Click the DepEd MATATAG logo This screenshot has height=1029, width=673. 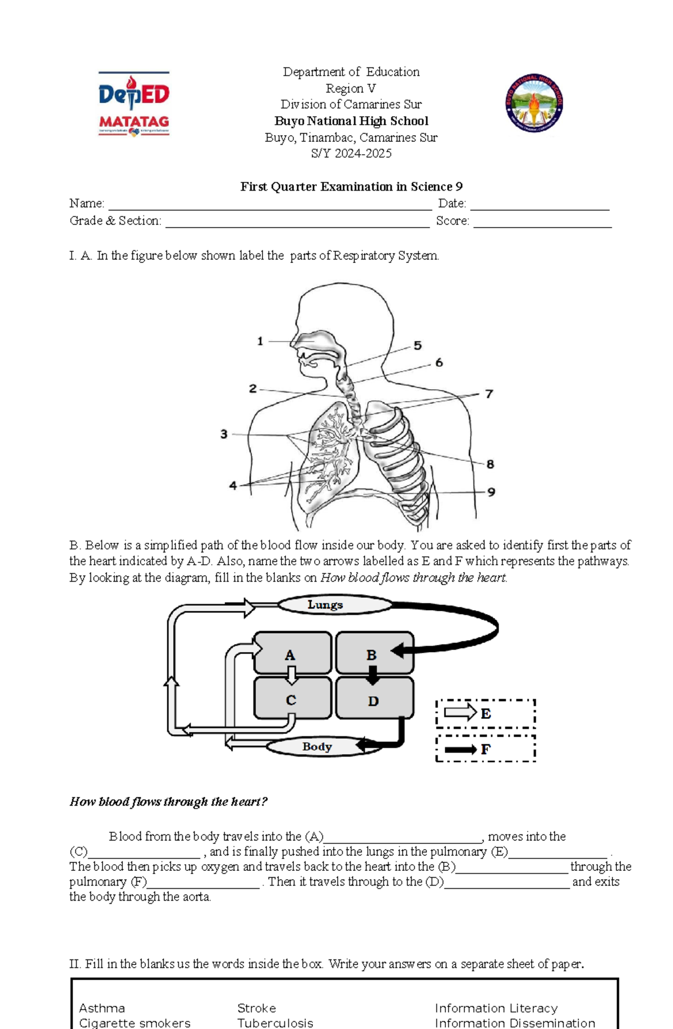click(x=133, y=104)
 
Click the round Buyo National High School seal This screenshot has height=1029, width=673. click(x=534, y=103)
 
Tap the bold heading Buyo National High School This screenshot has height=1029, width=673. click(x=351, y=121)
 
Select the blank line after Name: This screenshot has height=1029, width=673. click(x=269, y=205)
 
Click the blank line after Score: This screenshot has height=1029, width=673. click(x=542, y=223)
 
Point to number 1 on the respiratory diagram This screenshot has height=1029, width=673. click(x=260, y=341)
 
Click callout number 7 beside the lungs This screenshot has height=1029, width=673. click(x=489, y=394)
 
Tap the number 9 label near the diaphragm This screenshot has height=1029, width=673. click(x=491, y=492)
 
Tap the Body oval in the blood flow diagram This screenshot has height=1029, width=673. click(x=317, y=746)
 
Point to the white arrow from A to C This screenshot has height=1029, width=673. click(x=291, y=675)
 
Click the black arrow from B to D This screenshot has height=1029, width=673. click(x=372, y=675)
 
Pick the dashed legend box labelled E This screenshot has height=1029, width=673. click(x=486, y=713)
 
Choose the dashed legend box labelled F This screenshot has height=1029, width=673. click(x=486, y=749)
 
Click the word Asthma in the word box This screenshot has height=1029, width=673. click(x=102, y=1008)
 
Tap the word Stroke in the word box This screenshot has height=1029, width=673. click(x=256, y=1008)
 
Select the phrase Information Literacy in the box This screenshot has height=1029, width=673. click(x=496, y=1008)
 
